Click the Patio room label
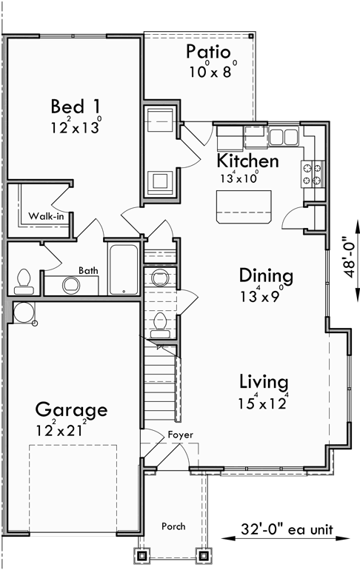point(208,52)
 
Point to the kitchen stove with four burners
point(312,174)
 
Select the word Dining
point(266,276)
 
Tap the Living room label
point(263,382)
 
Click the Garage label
point(72,409)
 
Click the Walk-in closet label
point(45,216)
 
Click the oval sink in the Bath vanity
point(71,284)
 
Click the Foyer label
point(180,435)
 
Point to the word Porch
point(174,526)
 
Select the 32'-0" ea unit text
point(287,530)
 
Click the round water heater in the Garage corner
point(23,312)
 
